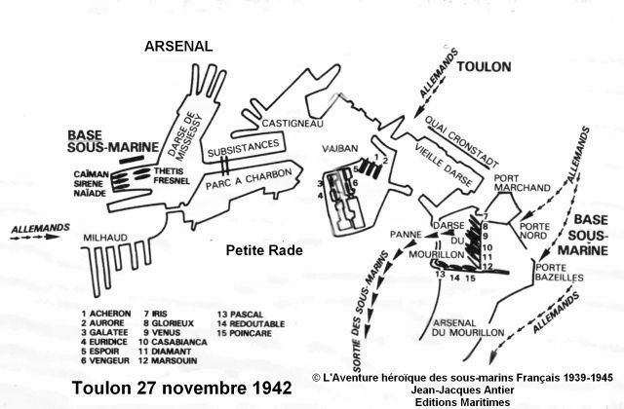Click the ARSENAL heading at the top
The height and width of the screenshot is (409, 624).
tap(178, 46)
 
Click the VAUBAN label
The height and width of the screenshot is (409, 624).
tap(338, 151)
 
